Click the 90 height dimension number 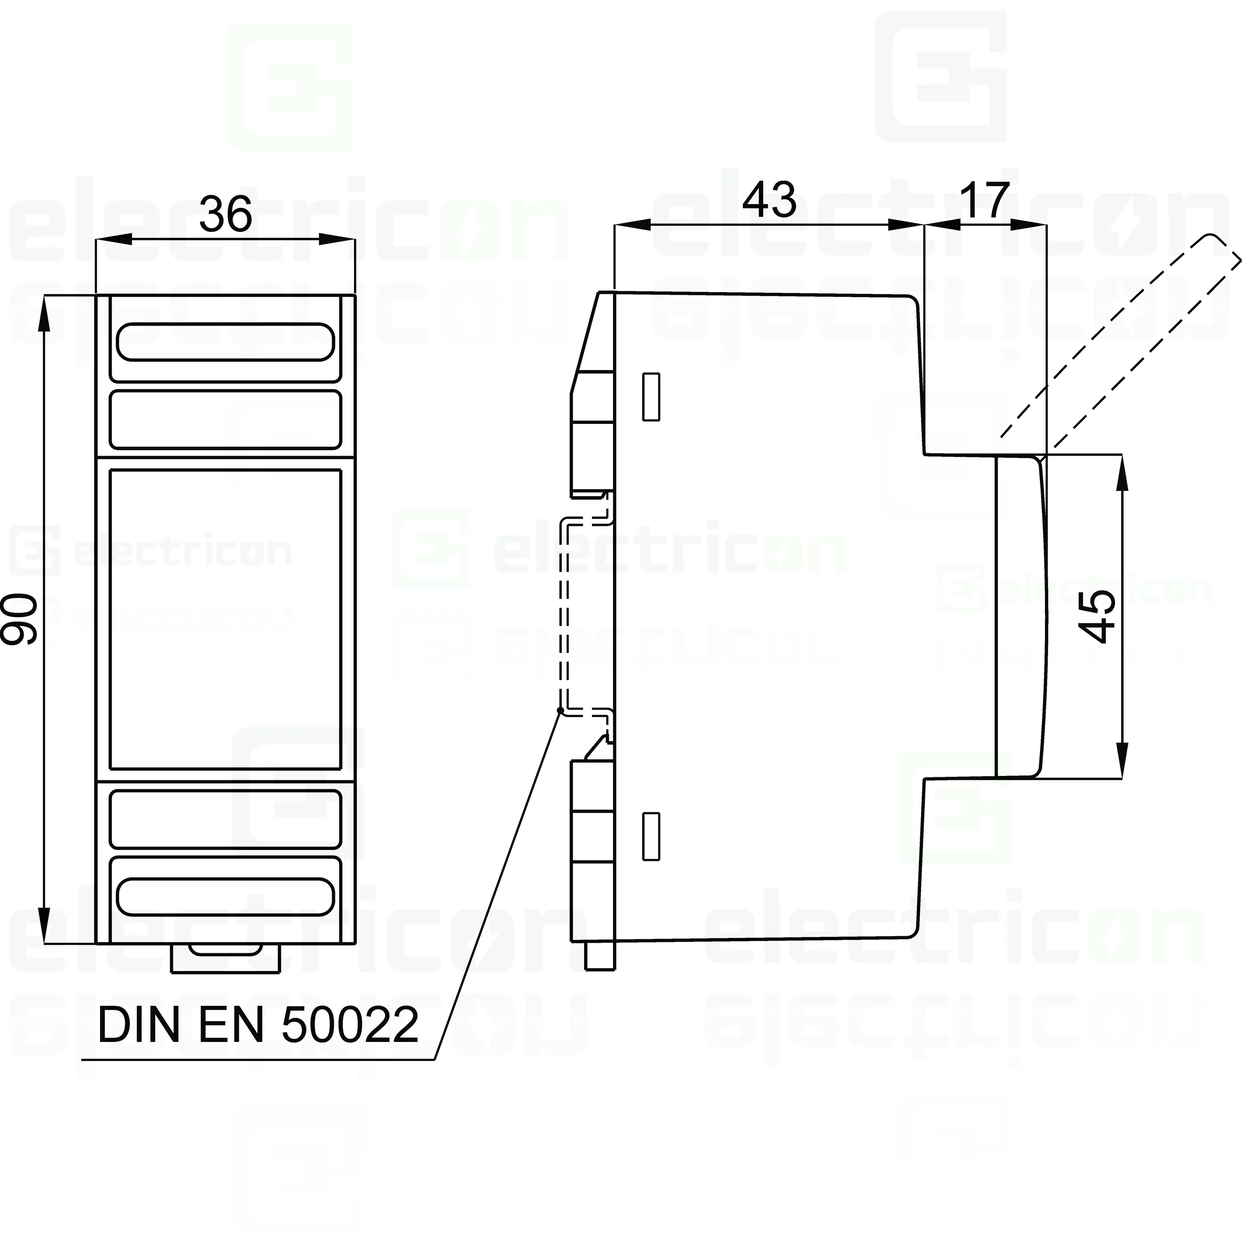pos(19,619)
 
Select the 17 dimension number pos(984,200)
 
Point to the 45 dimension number pos(1097,616)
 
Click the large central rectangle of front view pos(225,619)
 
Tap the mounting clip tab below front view pos(225,958)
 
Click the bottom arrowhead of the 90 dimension pos(44,926)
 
